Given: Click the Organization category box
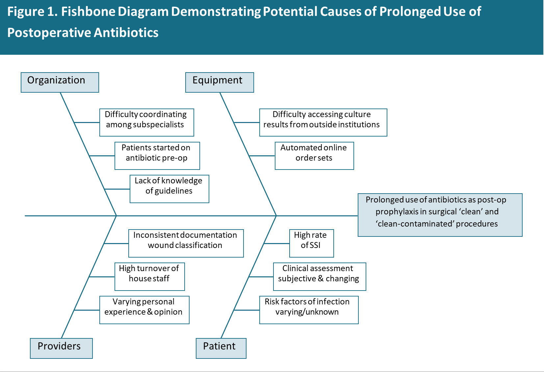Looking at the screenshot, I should (x=60, y=82).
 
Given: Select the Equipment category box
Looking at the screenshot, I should (x=220, y=82).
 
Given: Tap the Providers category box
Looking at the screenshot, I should (x=61, y=348).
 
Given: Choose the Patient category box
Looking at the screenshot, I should (x=221, y=348).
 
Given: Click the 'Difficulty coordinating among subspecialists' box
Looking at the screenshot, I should (x=146, y=122).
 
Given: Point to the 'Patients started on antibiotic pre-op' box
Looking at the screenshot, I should (x=157, y=155).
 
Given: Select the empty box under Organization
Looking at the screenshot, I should (x=169, y=189).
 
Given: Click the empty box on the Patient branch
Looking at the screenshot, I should (x=311, y=243).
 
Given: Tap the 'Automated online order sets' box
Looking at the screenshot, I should (x=314, y=155).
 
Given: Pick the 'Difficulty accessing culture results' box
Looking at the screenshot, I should (x=323, y=122).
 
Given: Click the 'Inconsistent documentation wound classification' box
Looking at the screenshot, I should (x=186, y=243).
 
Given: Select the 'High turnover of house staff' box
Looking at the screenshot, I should (x=149, y=276).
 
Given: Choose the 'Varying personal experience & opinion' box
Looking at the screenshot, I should (x=144, y=310).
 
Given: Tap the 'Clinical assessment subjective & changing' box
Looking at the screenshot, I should (x=319, y=276).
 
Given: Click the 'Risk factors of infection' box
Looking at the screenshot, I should (x=309, y=310).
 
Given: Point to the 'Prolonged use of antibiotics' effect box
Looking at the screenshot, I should (x=440, y=215).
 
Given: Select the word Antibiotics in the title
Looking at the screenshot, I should (x=126, y=33).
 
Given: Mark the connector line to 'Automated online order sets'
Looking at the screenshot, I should (x=262, y=156).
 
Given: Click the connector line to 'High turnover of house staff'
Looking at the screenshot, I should (x=102, y=277).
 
